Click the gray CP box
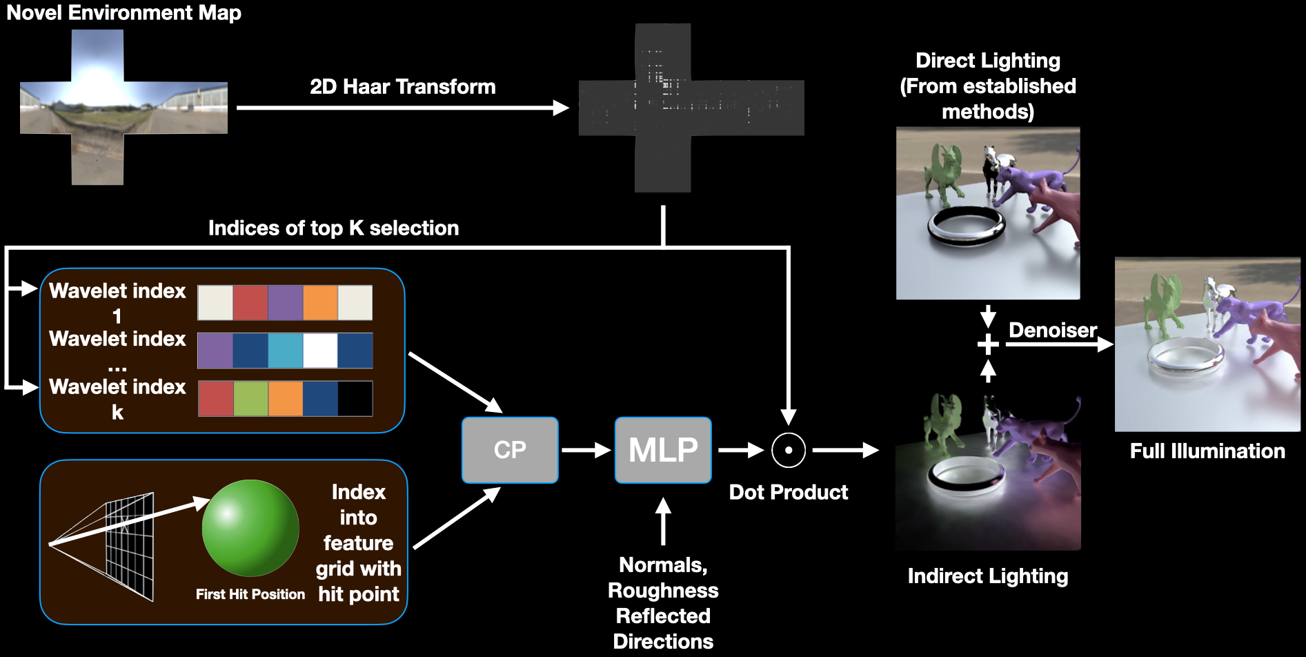[x=510, y=450]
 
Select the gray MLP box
[x=663, y=450]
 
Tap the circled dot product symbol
[x=788, y=451]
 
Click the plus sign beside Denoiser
[x=988, y=344]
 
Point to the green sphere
[x=250, y=528]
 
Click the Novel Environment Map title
[x=124, y=12]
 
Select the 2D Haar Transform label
[x=403, y=86]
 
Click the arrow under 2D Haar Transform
[x=402, y=108]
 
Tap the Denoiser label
[x=1053, y=330]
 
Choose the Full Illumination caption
[x=1207, y=451]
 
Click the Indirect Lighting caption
[x=988, y=576]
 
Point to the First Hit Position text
[x=250, y=594]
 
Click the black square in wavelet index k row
[x=355, y=398]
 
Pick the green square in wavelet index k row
[x=251, y=398]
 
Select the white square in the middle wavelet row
[x=321, y=351]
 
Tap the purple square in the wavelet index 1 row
[x=286, y=302]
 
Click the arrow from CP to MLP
[x=586, y=451]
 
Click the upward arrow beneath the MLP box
[x=663, y=521]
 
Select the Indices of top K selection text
[x=334, y=228]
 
